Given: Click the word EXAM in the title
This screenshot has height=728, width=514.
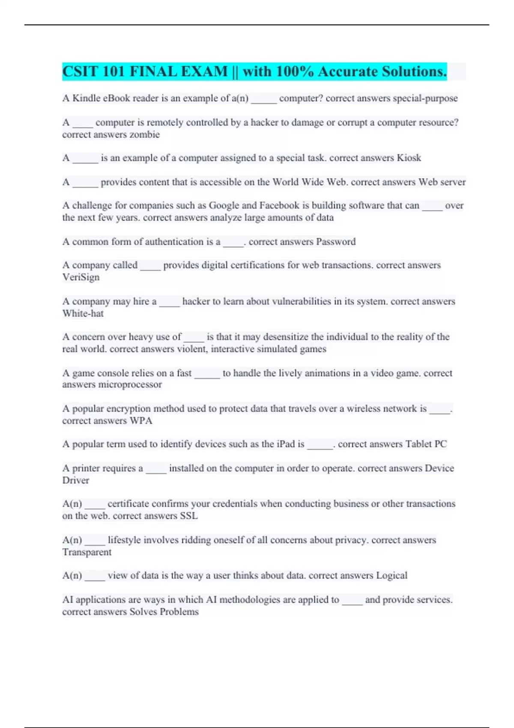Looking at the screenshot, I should coord(204,72).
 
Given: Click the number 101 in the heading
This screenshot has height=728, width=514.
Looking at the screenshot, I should coord(114,72).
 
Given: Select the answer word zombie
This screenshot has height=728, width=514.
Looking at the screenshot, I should coord(145,134).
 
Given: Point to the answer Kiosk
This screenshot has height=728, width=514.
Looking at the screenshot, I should coord(409,158).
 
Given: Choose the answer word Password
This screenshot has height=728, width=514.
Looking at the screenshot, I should coord(335,242).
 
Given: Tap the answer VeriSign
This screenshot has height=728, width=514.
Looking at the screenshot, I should coord(81,277).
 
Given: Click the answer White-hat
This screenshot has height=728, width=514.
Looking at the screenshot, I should coord(83,313).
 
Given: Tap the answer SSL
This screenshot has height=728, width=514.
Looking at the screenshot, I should coord(188,516).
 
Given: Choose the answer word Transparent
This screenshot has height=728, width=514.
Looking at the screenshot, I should coord(87,552).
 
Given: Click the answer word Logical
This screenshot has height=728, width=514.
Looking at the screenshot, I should coord(391,576).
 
